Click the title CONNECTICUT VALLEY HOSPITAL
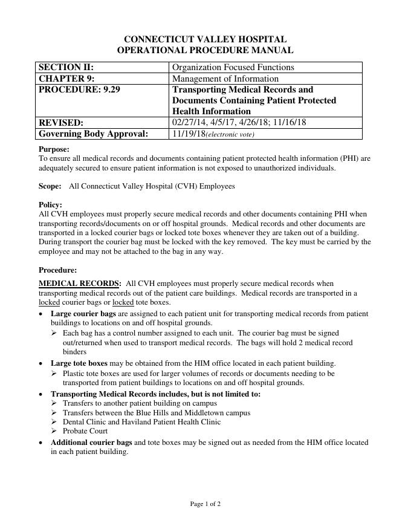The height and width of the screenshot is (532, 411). pyautogui.click(x=205, y=39)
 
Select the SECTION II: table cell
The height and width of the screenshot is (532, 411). pyautogui.click(x=66, y=67)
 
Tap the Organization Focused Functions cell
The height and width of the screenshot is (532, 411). pyautogui.click(x=233, y=67)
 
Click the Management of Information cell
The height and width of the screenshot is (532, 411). pyautogui.click(x=225, y=79)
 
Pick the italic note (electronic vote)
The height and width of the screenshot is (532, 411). pyautogui.click(x=230, y=134)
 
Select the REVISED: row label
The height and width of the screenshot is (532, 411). pyautogui.click(x=61, y=122)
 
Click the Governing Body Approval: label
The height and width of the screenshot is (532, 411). pyautogui.click(x=93, y=134)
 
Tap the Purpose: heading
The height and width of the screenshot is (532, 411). pyautogui.click(x=54, y=149)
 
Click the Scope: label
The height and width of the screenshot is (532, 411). pyautogui.click(x=50, y=186)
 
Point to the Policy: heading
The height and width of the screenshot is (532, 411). pyautogui.click(x=50, y=205)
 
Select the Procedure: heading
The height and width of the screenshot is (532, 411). pyautogui.click(x=57, y=270)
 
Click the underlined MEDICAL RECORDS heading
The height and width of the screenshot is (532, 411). pyautogui.click(x=79, y=283)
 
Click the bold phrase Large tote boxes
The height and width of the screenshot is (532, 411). pyautogui.click(x=79, y=363)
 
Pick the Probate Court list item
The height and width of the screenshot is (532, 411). pyautogui.click(x=85, y=431)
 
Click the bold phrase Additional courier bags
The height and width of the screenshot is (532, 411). pyautogui.click(x=91, y=443)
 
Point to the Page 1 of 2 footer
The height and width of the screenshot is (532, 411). pyautogui.click(x=205, y=504)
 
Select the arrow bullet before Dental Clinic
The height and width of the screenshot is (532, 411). pyautogui.click(x=54, y=422)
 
